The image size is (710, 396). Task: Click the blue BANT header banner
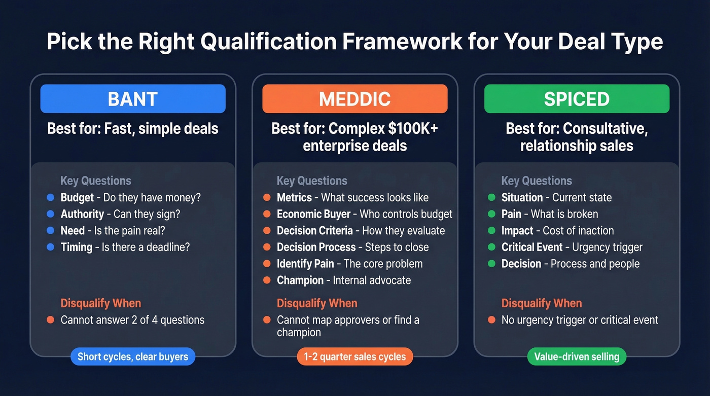point(133,98)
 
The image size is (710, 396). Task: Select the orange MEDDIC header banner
point(354,98)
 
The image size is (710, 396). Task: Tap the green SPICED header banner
point(577,98)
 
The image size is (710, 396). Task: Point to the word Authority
point(82,214)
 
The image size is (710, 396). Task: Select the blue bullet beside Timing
point(50,247)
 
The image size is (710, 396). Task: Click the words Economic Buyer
point(313,214)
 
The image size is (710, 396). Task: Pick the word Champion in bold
point(300,280)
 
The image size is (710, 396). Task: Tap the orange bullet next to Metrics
point(266,198)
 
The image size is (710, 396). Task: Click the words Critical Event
point(532,247)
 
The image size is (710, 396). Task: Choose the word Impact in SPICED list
point(517,231)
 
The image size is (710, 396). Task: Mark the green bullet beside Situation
point(491,198)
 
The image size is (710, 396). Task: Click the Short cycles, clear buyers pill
point(133,356)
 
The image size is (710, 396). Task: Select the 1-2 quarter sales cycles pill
point(354,356)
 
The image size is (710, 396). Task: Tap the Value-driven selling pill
point(577,356)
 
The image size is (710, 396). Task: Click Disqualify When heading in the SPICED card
point(542,303)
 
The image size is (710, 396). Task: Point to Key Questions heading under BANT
point(96,181)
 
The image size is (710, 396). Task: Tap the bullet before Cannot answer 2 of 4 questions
point(50,320)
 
